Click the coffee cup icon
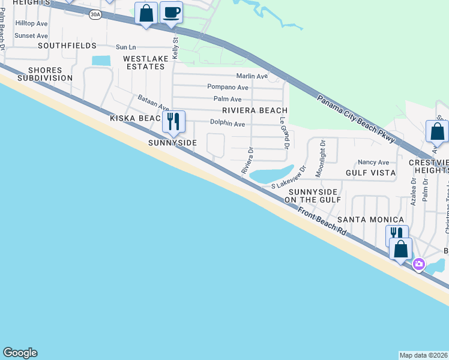point(172,12)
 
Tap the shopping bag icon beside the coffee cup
point(146,13)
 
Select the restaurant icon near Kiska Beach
point(173,122)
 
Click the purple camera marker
point(419,263)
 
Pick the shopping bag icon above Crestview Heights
point(437,132)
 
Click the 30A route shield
point(95,15)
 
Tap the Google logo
point(20,353)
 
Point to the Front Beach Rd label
point(322,221)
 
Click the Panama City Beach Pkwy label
point(356,118)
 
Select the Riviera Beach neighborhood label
point(255,110)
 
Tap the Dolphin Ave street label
point(228,124)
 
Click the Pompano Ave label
point(228,87)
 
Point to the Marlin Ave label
point(252,76)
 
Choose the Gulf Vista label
point(370,173)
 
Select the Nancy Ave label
point(373,162)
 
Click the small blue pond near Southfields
point(101,61)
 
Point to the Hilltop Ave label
point(31,23)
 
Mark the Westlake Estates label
point(143,62)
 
